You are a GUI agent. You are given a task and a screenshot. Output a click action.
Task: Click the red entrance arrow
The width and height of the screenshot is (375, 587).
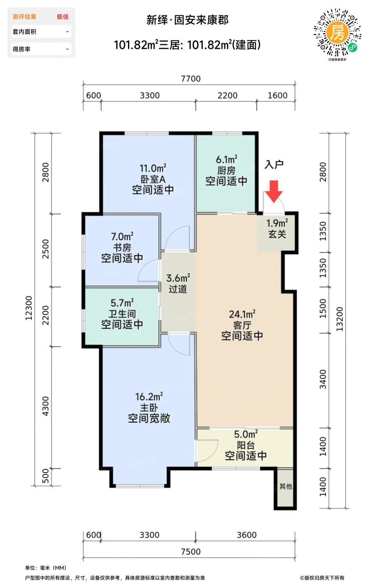[x=274, y=192]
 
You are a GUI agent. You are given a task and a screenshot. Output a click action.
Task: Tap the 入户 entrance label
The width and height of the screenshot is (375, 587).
[x=274, y=164]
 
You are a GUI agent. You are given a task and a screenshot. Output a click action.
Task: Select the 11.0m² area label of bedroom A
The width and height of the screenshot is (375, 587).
[x=153, y=168]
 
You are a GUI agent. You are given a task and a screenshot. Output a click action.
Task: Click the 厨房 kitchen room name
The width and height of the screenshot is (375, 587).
[x=227, y=171]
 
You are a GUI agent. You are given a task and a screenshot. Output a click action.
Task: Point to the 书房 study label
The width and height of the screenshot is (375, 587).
[x=122, y=248]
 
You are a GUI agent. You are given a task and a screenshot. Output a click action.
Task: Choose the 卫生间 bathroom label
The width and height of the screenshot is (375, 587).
[x=122, y=314]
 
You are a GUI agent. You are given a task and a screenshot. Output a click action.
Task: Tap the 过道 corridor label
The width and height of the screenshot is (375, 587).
[x=178, y=289]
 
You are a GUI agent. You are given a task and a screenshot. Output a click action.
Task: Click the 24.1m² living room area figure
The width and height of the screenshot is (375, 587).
[x=242, y=314]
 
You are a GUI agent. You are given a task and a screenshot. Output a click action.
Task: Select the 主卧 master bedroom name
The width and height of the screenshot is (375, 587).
[x=149, y=408]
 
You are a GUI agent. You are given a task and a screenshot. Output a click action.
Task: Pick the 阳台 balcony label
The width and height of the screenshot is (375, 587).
[x=246, y=445]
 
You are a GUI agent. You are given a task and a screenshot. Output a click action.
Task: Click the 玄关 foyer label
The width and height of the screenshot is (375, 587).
[x=277, y=234]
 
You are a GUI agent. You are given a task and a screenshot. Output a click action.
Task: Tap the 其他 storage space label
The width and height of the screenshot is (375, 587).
[x=286, y=487]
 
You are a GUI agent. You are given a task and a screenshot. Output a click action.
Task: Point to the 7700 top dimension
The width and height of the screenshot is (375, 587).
[x=191, y=79]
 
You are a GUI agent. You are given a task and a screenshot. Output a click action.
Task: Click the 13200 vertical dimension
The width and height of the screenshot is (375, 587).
[x=339, y=319]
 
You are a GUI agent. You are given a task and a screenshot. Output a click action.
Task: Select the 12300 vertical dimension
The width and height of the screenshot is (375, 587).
[x=29, y=308]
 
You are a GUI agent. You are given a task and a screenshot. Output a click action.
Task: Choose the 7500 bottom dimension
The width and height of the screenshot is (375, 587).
[x=191, y=552]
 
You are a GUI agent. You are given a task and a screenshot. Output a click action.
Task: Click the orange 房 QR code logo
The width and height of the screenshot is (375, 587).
[x=337, y=33]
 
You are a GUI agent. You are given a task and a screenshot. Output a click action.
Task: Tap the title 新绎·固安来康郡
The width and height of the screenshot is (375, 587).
[x=187, y=20]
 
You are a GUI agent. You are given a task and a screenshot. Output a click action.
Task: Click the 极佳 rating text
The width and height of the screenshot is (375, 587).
[x=62, y=17]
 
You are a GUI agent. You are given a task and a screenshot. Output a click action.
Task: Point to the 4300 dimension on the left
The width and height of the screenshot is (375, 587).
[x=45, y=406]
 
